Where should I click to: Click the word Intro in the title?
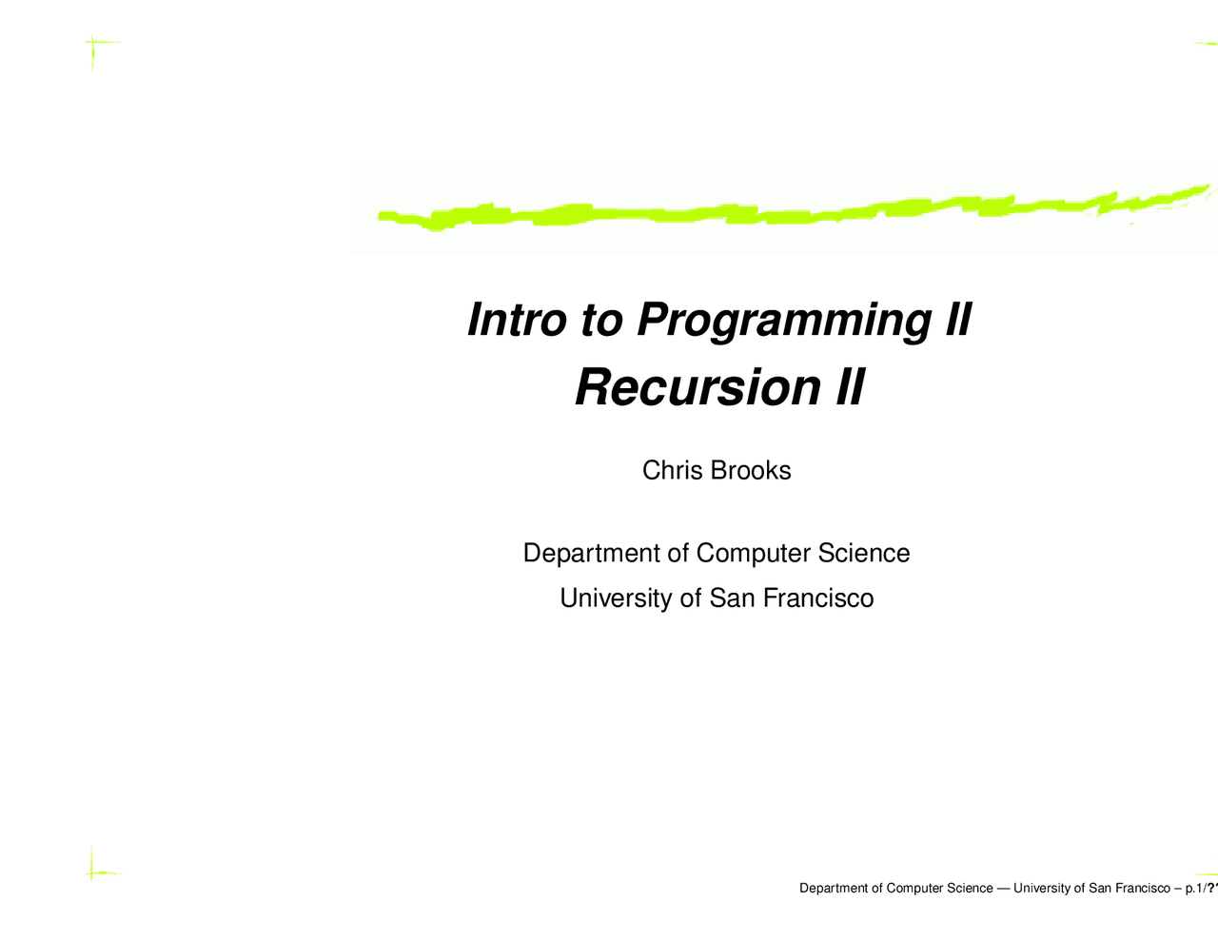[516, 319]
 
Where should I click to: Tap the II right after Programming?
[957, 319]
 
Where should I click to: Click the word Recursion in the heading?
[697, 388]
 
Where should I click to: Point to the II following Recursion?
[849, 388]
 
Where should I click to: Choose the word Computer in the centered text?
[753, 553]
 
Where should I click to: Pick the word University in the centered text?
[617, 598]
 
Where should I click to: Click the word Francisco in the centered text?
[818, 598]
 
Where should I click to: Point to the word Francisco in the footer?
[1141, 889]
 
